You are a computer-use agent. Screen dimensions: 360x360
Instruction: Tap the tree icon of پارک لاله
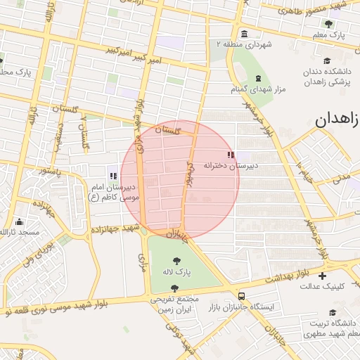[176, 262]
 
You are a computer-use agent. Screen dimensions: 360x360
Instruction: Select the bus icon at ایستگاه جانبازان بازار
[243, 296]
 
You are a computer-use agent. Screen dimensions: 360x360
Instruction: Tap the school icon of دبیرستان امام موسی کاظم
[113, 176]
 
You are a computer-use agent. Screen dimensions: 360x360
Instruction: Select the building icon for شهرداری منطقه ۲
[244, 34]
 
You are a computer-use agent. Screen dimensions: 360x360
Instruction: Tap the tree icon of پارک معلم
[328, 23]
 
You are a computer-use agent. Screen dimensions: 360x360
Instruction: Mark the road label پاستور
[50, 171]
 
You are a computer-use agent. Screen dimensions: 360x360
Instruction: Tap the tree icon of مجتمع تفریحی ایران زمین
[174, 288]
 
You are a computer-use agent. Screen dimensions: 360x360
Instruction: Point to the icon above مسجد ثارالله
[18, 221]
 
